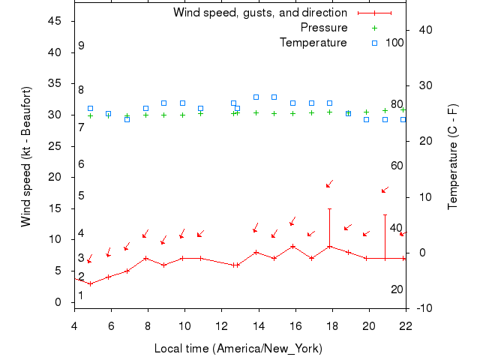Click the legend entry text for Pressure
click(324, 28)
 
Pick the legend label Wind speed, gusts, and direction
click(259, 13)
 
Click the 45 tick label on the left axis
click(55, 21)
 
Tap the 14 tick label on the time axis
click(258, 324)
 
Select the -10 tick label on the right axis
click(423, 308)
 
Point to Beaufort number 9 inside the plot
click(81, 46)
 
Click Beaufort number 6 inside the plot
click(81, 164)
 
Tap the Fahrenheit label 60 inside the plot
click(397, 166)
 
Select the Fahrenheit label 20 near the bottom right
click(397, 289)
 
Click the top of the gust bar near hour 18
click(329, 208)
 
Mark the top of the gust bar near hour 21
click(385, 214)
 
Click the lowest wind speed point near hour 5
click(90, 283)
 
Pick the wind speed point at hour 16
click(292, 246)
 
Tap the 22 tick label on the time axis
click(406, 324)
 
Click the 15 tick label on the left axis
click(55, 208)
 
